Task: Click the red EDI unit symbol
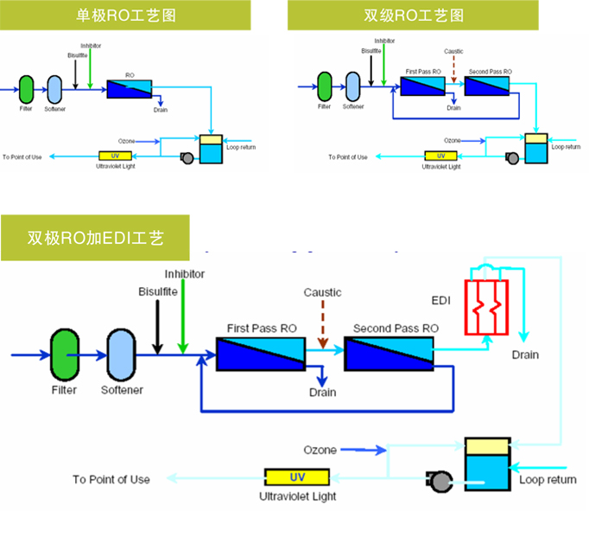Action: [x=487, y=307]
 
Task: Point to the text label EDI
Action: [x=441, y=300]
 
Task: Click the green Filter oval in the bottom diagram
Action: [x=65, y=354]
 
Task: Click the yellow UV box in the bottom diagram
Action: [x=297, y=477]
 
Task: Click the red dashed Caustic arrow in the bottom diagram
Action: [x=322, y=325]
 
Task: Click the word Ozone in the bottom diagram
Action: [x=320, y=450]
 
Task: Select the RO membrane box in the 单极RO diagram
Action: [x=130, y=88]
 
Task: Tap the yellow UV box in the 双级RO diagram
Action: [x=441, y=157]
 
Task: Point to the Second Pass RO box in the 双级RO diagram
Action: [x=487, y=86]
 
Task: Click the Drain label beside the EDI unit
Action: [x=525, y=355]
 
